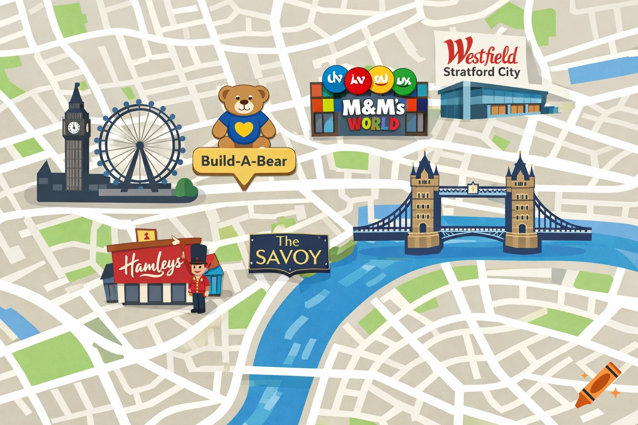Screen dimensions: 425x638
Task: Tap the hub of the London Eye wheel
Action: click(x=140, y=145)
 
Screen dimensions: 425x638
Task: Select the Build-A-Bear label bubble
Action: click(x=244, y=161)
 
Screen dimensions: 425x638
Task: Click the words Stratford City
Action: click(x=481, y=72)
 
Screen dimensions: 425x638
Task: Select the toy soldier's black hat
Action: click(x=198, y=253)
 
